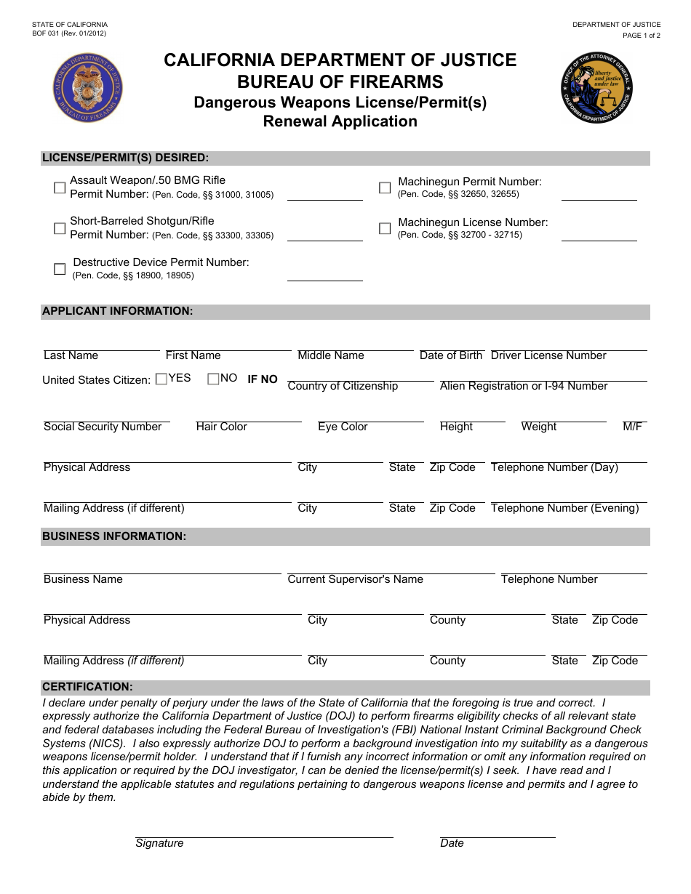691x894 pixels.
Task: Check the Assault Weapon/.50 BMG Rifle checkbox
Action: (x=60, y=188)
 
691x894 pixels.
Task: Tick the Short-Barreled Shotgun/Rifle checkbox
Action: (x=60, y=228)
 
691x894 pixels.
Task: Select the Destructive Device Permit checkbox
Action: (x=60, y=269)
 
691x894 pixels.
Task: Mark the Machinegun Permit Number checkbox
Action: (x=385, y=188)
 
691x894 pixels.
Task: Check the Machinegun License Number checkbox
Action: (x=385, y=228)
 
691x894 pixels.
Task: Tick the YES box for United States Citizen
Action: (x=161, y=378)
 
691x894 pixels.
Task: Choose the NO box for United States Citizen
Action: (x=213, y=378)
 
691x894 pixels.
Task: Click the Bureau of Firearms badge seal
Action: (x=88, y=88)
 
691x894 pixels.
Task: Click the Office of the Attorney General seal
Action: (x=596, y=88)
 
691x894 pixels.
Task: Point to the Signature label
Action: (x=159, y=843)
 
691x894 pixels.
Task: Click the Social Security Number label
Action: (x=103, y=427)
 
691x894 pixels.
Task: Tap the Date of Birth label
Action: (x=450, y=355)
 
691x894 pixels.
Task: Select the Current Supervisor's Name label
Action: (x=355, y=579)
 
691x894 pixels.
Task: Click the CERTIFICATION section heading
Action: (x=87, y=687)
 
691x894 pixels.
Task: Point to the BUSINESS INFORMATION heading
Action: (x=114, y=536)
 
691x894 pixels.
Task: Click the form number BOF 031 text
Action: (x=69, y=34)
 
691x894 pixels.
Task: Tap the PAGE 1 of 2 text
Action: (x=641, y=35)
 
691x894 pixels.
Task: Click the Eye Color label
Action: (x=343, y=427)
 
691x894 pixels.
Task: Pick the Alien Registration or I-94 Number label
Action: (x=524, y=386)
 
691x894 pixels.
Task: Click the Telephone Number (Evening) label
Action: (x=564, y=508)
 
